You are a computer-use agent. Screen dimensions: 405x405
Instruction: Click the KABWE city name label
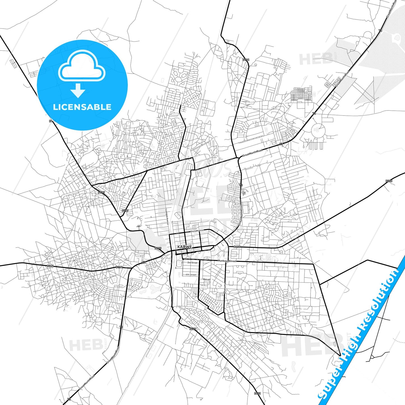tap(185, 247)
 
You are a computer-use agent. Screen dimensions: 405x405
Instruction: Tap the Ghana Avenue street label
tap(197, 231)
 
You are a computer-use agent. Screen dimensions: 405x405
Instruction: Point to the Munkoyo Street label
tap(227, 261)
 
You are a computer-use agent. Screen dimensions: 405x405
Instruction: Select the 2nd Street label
tap(192, 263)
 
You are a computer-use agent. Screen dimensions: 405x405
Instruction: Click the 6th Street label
tap(191, 275)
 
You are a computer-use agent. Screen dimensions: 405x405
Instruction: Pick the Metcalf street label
tap(206, 279)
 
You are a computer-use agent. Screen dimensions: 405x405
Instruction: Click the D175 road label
tap(101, 193)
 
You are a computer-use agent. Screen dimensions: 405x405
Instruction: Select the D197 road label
tap(125, 210)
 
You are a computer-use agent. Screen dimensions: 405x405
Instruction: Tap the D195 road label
tap(158, 248)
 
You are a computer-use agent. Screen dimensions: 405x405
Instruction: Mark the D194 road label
tap(50, 266)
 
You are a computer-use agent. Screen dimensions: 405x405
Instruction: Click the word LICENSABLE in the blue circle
tap(82, 107)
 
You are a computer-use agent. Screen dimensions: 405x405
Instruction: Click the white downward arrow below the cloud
tap(78, 90)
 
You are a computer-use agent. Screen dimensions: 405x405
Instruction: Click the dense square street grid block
tap(301, 94)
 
